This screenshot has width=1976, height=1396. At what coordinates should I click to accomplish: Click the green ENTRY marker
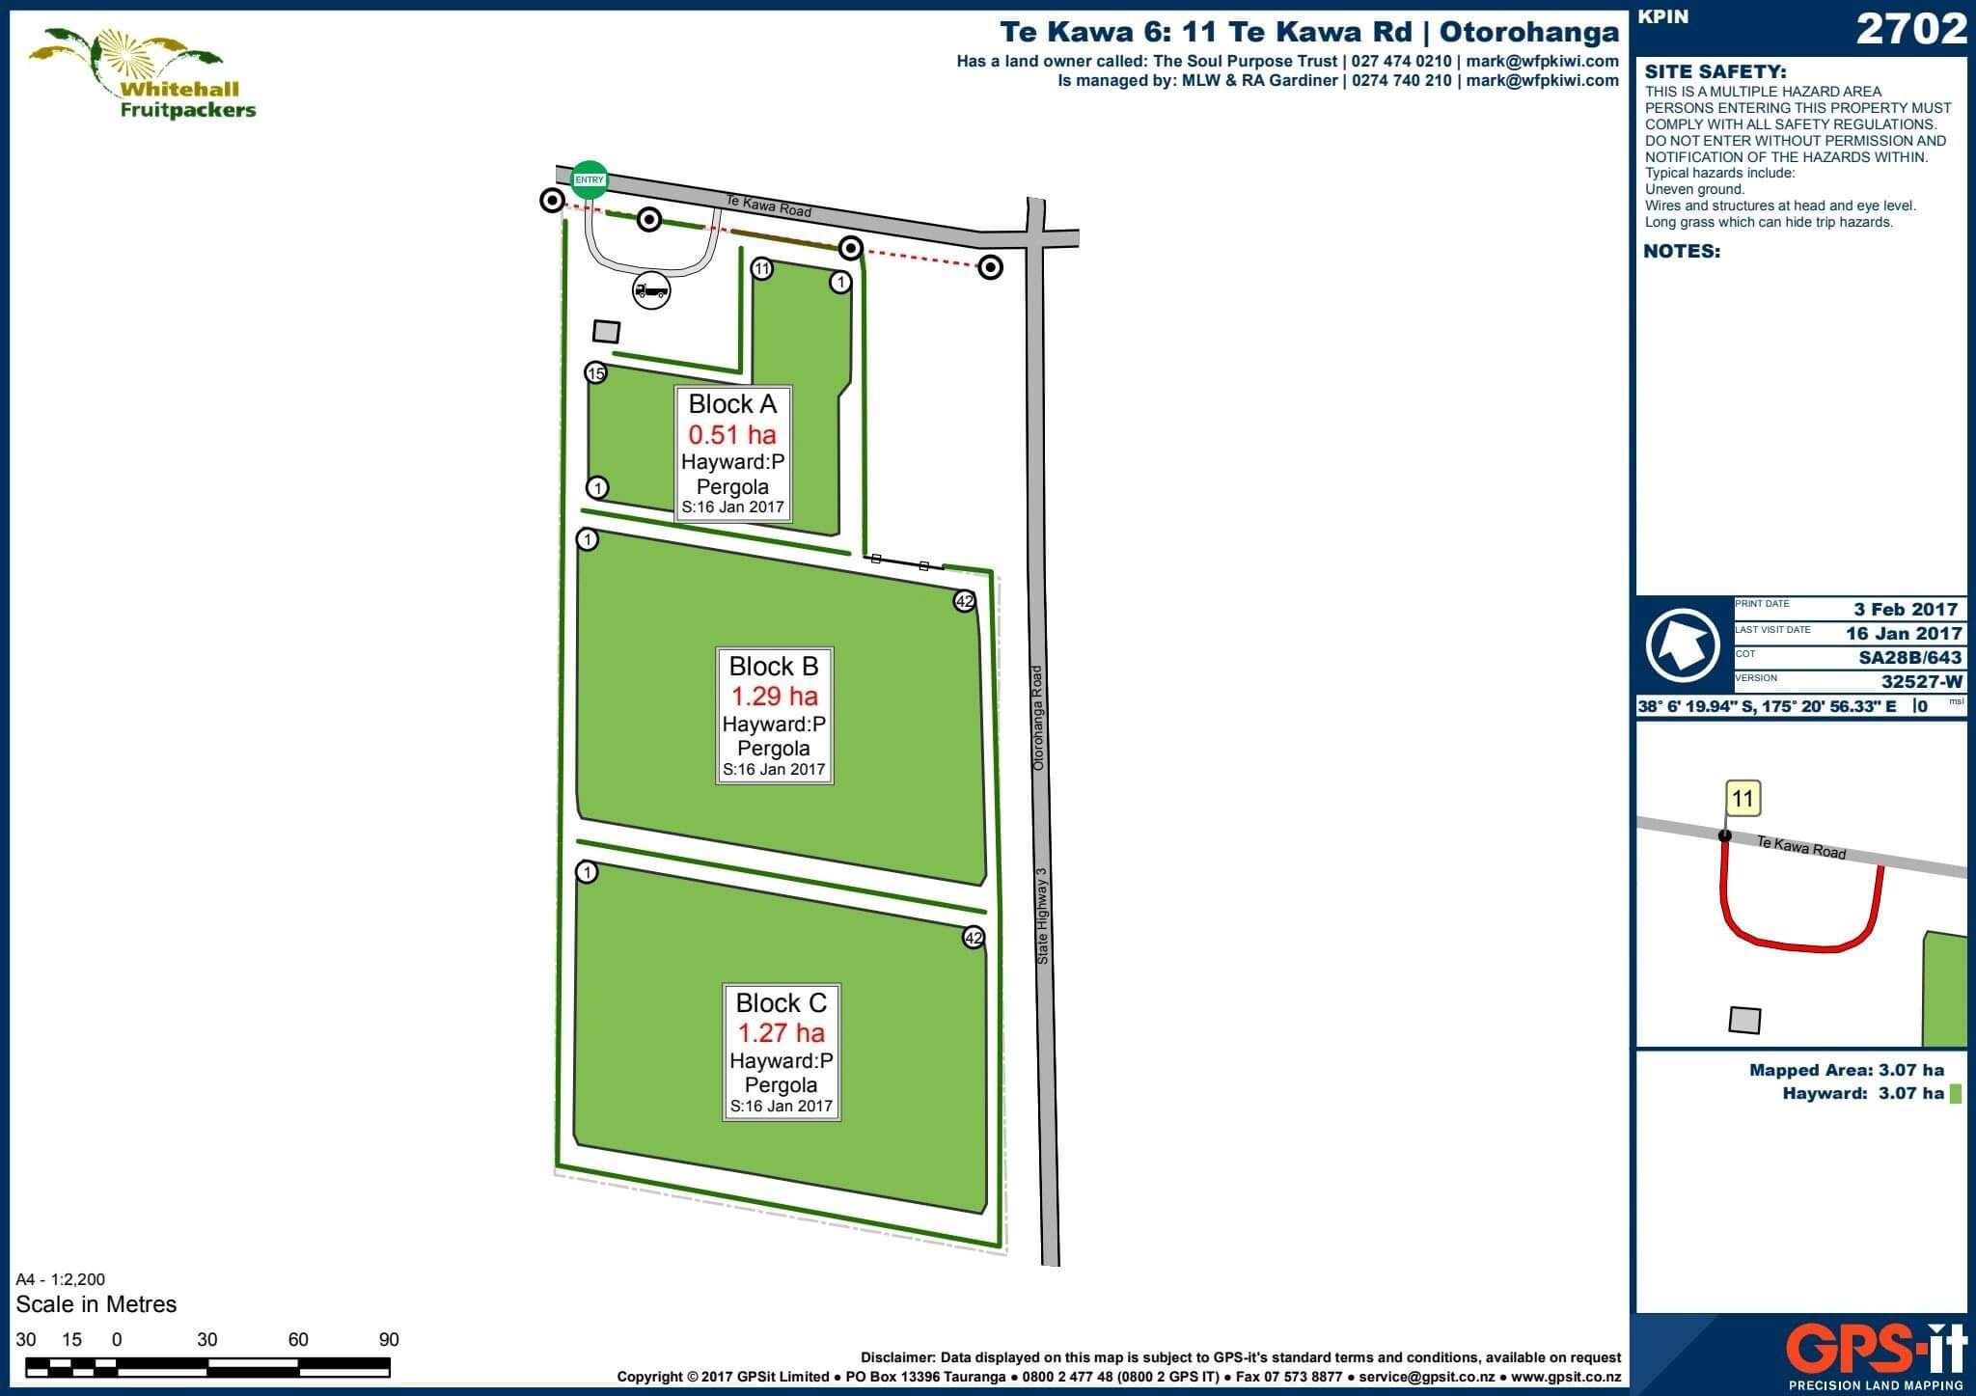[x=590, y=179]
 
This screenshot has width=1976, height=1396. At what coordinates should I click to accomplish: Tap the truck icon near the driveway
[x=651, y=290]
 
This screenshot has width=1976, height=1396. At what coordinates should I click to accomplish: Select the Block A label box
[x=733, y=453]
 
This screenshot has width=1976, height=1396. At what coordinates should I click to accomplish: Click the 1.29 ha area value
[x=774, y=696]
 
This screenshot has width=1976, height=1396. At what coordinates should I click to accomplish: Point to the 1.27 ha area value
[x=782, y=1033]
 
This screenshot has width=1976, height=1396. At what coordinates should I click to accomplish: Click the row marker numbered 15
[x=596, y=373]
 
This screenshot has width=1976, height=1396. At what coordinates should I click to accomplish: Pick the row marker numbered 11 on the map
[x=762, y=268]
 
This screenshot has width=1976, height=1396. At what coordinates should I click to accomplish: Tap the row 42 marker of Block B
[x=964, y=601]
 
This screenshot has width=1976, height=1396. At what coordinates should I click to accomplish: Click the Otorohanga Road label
[x=1038, y=717]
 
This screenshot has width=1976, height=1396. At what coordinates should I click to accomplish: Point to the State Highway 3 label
[x=1041, y=917]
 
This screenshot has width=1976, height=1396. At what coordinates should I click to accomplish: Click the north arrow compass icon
[x=1683, y=644]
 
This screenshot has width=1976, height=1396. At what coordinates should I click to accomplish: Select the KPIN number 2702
[x=1911, y=30]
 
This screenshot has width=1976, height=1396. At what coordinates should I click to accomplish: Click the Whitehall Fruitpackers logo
[x=142, y=73]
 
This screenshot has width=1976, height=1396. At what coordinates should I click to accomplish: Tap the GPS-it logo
[x=1877, y=1351]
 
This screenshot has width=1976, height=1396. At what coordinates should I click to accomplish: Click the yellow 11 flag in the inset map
[x=1743, y=799]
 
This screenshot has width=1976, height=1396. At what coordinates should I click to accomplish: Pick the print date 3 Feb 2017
[x=1906, y=609]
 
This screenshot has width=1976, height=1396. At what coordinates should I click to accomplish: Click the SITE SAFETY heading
[x=1715, y=71]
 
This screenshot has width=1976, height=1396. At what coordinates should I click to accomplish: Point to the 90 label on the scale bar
[x=389, y=1339]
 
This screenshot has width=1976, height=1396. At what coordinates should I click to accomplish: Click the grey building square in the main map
[x=606, y=332]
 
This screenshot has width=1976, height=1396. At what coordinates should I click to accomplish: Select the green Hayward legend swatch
[x=1956, y=1094]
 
